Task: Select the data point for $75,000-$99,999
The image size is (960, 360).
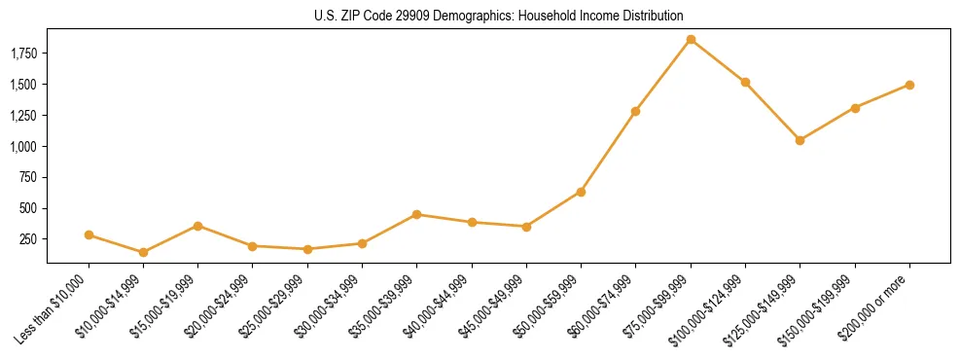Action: point(691,40)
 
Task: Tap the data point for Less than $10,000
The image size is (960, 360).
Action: point(89,234)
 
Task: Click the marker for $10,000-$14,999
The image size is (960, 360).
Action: point(143,252)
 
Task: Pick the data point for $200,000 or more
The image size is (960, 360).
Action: point(909,85)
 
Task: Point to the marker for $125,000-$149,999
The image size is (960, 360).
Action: point(800,140)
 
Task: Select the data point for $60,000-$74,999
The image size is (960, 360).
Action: point(635,111)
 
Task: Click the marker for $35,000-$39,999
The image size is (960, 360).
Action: point(416,214)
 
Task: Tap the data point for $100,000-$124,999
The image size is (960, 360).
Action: point(745,83)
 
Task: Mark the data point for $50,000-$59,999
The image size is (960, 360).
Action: point(581,192)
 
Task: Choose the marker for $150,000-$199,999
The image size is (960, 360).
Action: point(855,108)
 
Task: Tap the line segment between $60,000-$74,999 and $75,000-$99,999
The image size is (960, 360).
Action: point(663,75)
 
